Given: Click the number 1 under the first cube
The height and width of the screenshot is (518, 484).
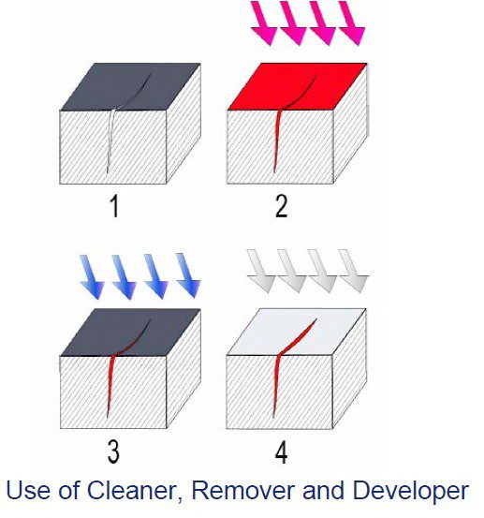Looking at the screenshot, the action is click(114, 206).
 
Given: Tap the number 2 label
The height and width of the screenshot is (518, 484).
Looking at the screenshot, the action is click(281, 206).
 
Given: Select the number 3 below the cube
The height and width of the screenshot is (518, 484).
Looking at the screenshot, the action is click(113, 451).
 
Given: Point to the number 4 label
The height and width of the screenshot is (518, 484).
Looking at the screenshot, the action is click(281, 452).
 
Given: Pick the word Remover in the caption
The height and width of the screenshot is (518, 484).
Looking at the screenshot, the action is click(243, 490).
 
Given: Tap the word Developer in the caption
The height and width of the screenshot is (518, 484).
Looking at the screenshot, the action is click(410, 492).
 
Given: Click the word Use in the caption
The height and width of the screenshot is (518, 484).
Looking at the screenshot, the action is click(27, 490).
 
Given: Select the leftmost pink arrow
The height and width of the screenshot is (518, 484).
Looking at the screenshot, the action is click(264, 22).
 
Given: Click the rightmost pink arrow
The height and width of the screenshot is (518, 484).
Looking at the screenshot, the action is click(352, 22).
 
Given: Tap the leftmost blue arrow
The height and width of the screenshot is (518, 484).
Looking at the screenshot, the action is click(92, 277).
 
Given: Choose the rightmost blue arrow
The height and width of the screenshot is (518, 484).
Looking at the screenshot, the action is click(188, 275).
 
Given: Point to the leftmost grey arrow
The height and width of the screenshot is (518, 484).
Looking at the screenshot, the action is click(261, 271).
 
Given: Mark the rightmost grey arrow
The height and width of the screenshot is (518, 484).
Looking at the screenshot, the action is click(354, 271).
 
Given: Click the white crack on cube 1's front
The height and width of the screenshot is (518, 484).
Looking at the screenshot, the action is click(110, 141).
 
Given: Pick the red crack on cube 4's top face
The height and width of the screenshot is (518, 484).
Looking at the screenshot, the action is click(297, 338).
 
